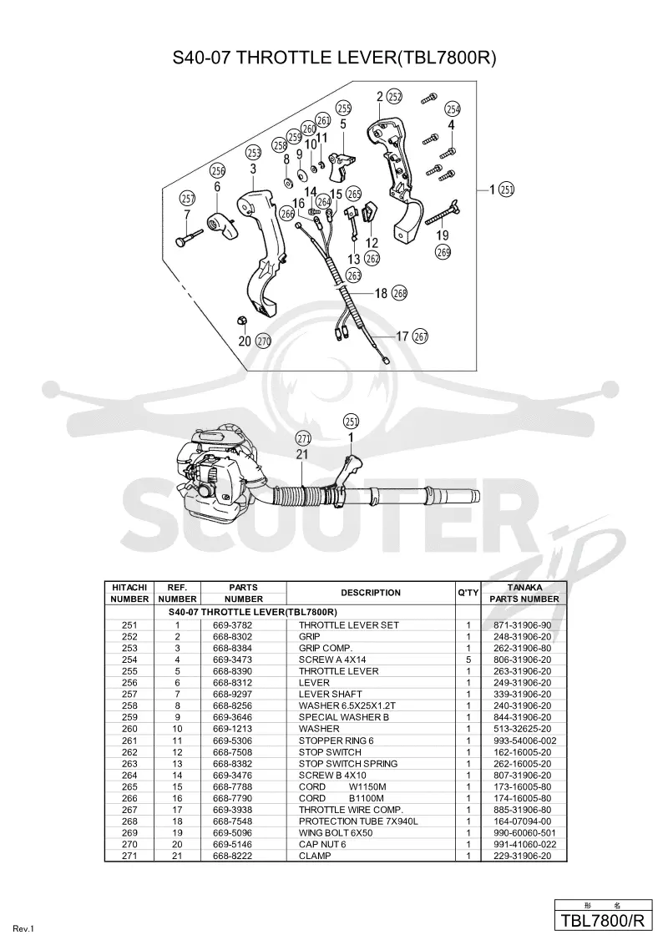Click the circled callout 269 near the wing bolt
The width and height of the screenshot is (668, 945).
pos(443,252)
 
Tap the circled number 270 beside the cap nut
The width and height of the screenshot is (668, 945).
pos(264,341)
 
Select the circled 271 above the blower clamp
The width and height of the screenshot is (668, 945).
pos(303,439)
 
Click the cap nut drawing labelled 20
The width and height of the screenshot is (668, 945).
pos(240,319)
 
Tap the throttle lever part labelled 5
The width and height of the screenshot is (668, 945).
pos(342,166)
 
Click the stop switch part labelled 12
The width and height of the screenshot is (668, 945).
pos(370,215)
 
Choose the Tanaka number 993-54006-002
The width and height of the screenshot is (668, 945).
pos(524,740)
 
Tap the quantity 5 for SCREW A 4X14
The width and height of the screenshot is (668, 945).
pos(468,659)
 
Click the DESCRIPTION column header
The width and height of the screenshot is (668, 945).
pos(370,593)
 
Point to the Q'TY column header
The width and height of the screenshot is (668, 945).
pos(468,593)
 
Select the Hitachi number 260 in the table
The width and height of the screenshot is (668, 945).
pos(129,729)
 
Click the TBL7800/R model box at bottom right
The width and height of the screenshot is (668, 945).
pos(603,921)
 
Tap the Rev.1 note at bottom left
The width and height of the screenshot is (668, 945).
pos(23,929)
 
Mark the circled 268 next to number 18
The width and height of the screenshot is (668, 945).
pos(400,293)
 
